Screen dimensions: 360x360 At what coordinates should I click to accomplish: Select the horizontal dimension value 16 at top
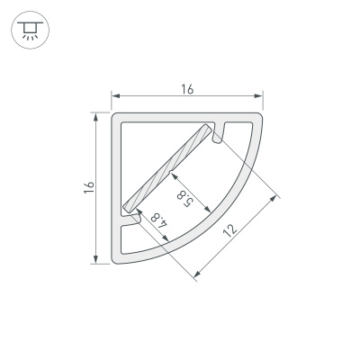click(x=186, y=88)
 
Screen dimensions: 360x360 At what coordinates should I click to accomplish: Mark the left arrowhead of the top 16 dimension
click(x=114, y=95)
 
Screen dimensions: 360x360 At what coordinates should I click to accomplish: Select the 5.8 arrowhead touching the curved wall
click(x=209, y=211)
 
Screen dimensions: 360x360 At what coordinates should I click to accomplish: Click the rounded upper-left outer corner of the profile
click(x=115, y=116)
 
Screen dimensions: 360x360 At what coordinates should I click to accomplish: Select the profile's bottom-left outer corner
click(x=114, y=261)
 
